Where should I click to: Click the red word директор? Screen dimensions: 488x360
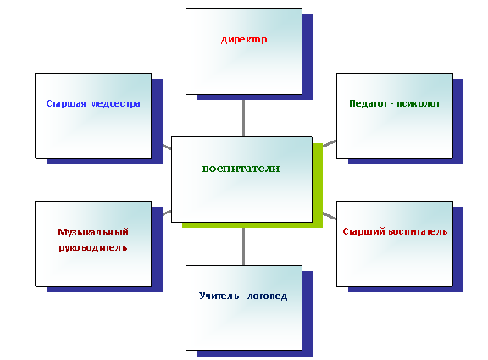click(244, 40)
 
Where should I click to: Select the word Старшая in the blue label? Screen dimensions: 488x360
click(66, 103)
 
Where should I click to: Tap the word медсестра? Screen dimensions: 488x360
click(115, 103)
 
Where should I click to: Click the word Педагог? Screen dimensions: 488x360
click(368, 103)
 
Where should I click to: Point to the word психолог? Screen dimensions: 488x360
click(419, 103)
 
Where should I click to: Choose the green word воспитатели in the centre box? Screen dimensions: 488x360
click(241, 169)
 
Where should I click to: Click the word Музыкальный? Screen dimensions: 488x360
click(93, 232)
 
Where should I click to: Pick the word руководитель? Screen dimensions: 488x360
click(93, 247)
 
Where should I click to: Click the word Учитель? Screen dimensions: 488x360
click(219, 296)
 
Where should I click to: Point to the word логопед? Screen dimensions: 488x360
click(267, 296)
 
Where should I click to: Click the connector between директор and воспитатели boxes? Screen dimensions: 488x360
click(243, 119)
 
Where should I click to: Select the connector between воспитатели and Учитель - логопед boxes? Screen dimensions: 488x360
click(243, 246)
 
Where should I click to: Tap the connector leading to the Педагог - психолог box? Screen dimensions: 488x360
click(330, 143)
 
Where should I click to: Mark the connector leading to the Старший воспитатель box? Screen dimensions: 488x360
click(330, 216)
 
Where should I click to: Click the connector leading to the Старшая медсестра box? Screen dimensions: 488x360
click(167, 147)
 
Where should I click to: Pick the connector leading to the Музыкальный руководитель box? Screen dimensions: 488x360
click(167, 213)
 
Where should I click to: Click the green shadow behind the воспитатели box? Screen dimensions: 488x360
click(318, 186)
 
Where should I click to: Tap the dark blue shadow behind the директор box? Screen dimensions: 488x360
click(308, 57)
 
